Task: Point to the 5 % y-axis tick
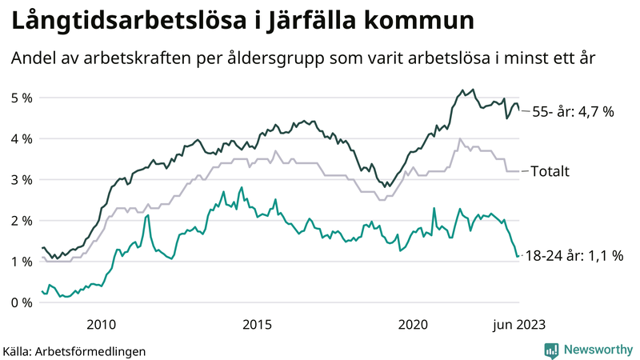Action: pos(21,98)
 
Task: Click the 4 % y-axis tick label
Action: pos(21,138)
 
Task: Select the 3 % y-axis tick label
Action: pos(21,179)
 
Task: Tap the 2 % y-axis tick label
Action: pos(21,220)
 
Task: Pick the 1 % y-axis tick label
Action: pos(21,261)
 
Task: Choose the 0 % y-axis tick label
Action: pos(21,302)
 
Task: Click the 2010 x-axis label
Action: pos(100,324)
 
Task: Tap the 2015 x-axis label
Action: pos(257,324)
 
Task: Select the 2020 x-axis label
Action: pos(414,324)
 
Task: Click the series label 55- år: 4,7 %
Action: pos(573,112)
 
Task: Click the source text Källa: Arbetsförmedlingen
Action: pos(74,350)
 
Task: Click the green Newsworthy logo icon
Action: pos(551,350)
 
